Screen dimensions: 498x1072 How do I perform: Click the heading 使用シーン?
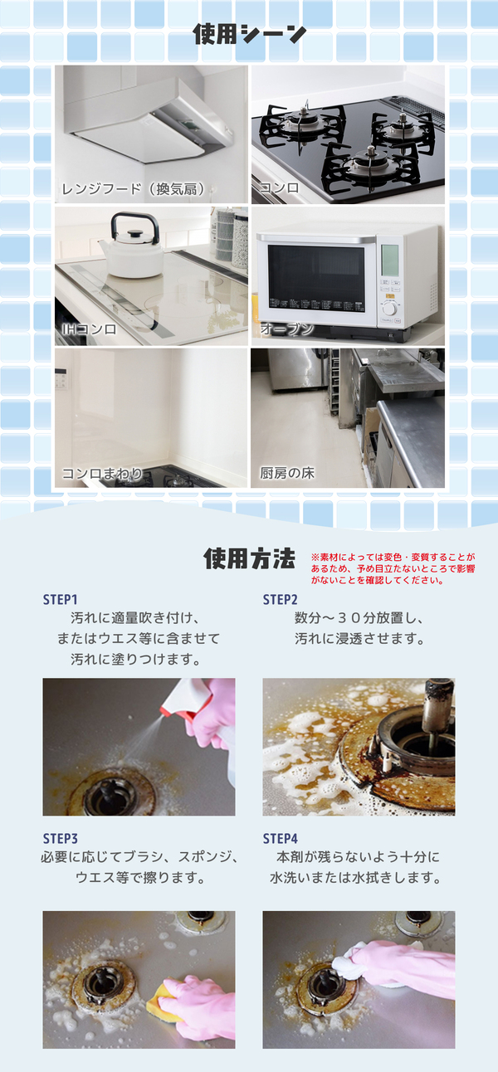(249, 35)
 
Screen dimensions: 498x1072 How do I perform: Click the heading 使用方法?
(249, 558)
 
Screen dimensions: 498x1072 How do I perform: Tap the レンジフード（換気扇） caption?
(134, 189)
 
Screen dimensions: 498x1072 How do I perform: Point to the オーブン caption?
(286, 329)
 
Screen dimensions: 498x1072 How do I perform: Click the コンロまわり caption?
(102, 474)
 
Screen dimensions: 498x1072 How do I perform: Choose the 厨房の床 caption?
(287, 473)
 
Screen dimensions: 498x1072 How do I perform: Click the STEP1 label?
(61, 600)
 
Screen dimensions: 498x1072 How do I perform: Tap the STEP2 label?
(281, 600)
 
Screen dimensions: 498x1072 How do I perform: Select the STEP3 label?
(61, 839)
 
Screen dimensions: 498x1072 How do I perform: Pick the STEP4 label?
(281, 839)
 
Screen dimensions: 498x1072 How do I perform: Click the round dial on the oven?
(389, 308)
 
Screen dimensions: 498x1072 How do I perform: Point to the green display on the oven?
(390, 260)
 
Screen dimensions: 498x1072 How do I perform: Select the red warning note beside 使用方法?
(393, 568)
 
